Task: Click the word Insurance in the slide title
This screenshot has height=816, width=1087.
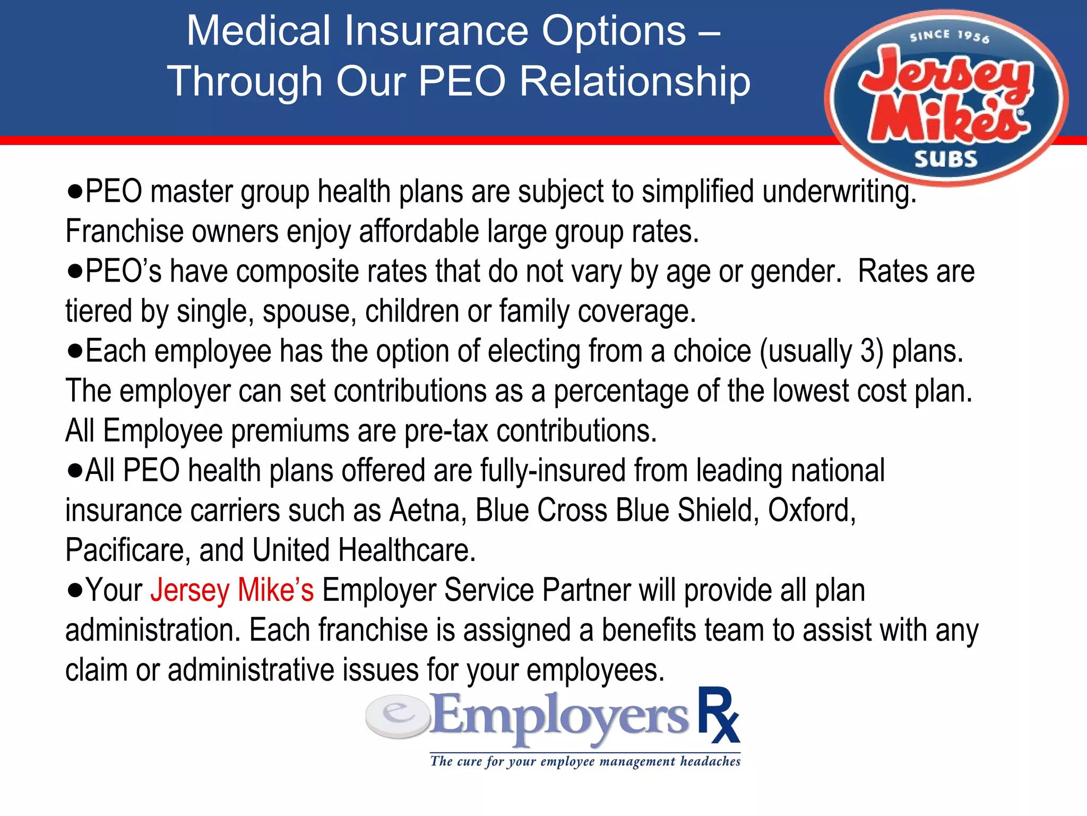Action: pyautogui.click(x=435, y=31)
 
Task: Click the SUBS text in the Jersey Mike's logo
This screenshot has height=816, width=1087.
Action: pyautogui.click(x=945, y=159)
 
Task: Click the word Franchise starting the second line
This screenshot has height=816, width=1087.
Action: pyautogui.click(x=124, y=232)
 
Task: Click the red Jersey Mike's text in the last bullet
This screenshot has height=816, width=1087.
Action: pyautogui.click(x=232, y=590)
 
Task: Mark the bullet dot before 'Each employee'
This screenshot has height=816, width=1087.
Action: pyautogui.click(x=75, y=351)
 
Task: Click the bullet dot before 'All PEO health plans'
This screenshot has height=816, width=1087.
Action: pyautogui.click(x=75, y=471)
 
